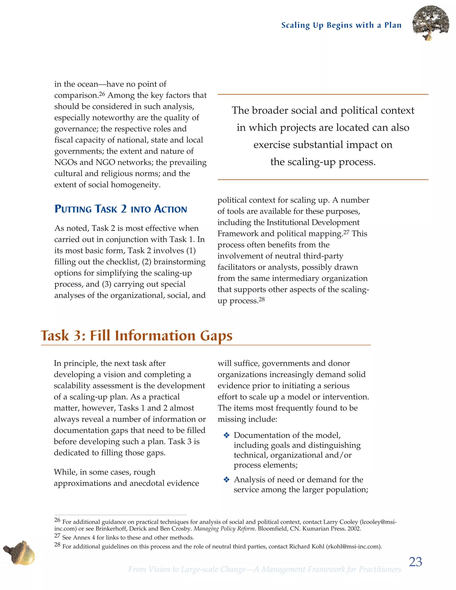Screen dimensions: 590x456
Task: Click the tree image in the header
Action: pos(431,23)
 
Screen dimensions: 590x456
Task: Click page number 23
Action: pos(415,562)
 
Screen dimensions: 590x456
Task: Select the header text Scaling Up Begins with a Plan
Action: pos(341,25)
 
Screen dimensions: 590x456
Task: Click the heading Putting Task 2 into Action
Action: pos(120,209)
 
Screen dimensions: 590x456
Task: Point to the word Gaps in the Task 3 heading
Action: pos(216,336)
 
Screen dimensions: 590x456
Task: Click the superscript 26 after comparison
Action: pos(102,94)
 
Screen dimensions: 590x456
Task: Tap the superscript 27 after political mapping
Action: pos(346,232)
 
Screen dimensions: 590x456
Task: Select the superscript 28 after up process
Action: pos(261,299)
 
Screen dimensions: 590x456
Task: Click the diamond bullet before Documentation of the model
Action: pos(226,435)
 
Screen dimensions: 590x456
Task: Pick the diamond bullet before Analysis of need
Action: pos(226,480)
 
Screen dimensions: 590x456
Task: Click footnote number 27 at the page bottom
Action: pos(57,536)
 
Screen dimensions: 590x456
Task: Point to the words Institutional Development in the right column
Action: pos(313,222)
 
